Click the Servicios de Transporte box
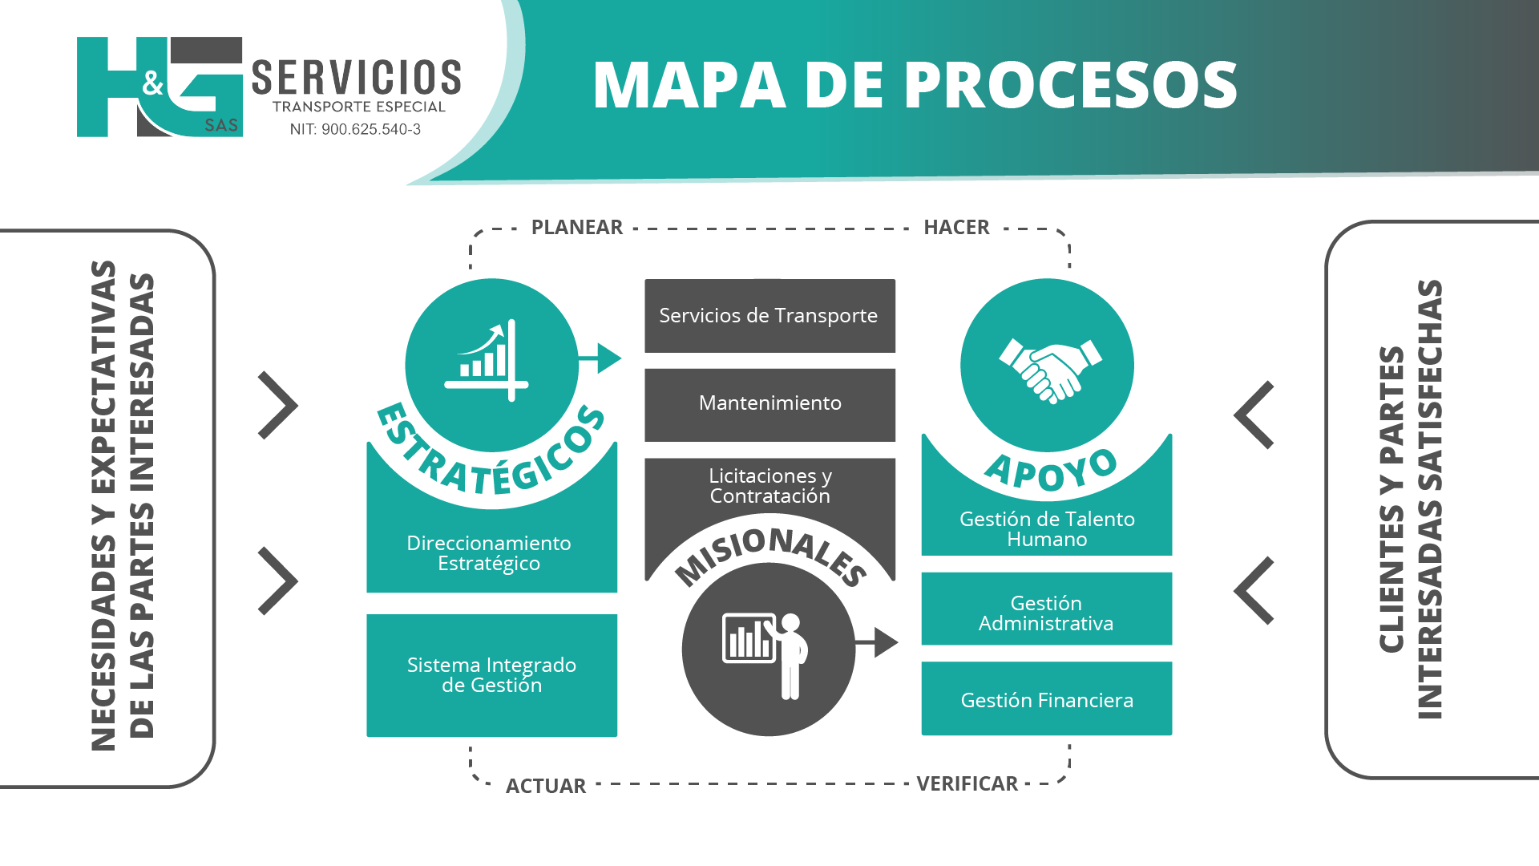coord(769,315)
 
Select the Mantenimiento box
coord(769,405)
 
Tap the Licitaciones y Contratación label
coord(770,486)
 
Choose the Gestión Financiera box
coord(1046,698)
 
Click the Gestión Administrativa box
coord(1046,609)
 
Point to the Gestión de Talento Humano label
coord(1047,529)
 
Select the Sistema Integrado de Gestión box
coord(491,675)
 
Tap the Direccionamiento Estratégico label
coord(489,553)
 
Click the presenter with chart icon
coord(765,654)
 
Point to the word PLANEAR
coord(577,227)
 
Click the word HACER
coord(956,227)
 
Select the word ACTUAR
coord(546,786)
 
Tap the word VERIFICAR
coord(967,783)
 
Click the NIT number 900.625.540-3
coord(371,129)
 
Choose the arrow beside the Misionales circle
coord(876,642)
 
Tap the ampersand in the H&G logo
coord(153,83)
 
